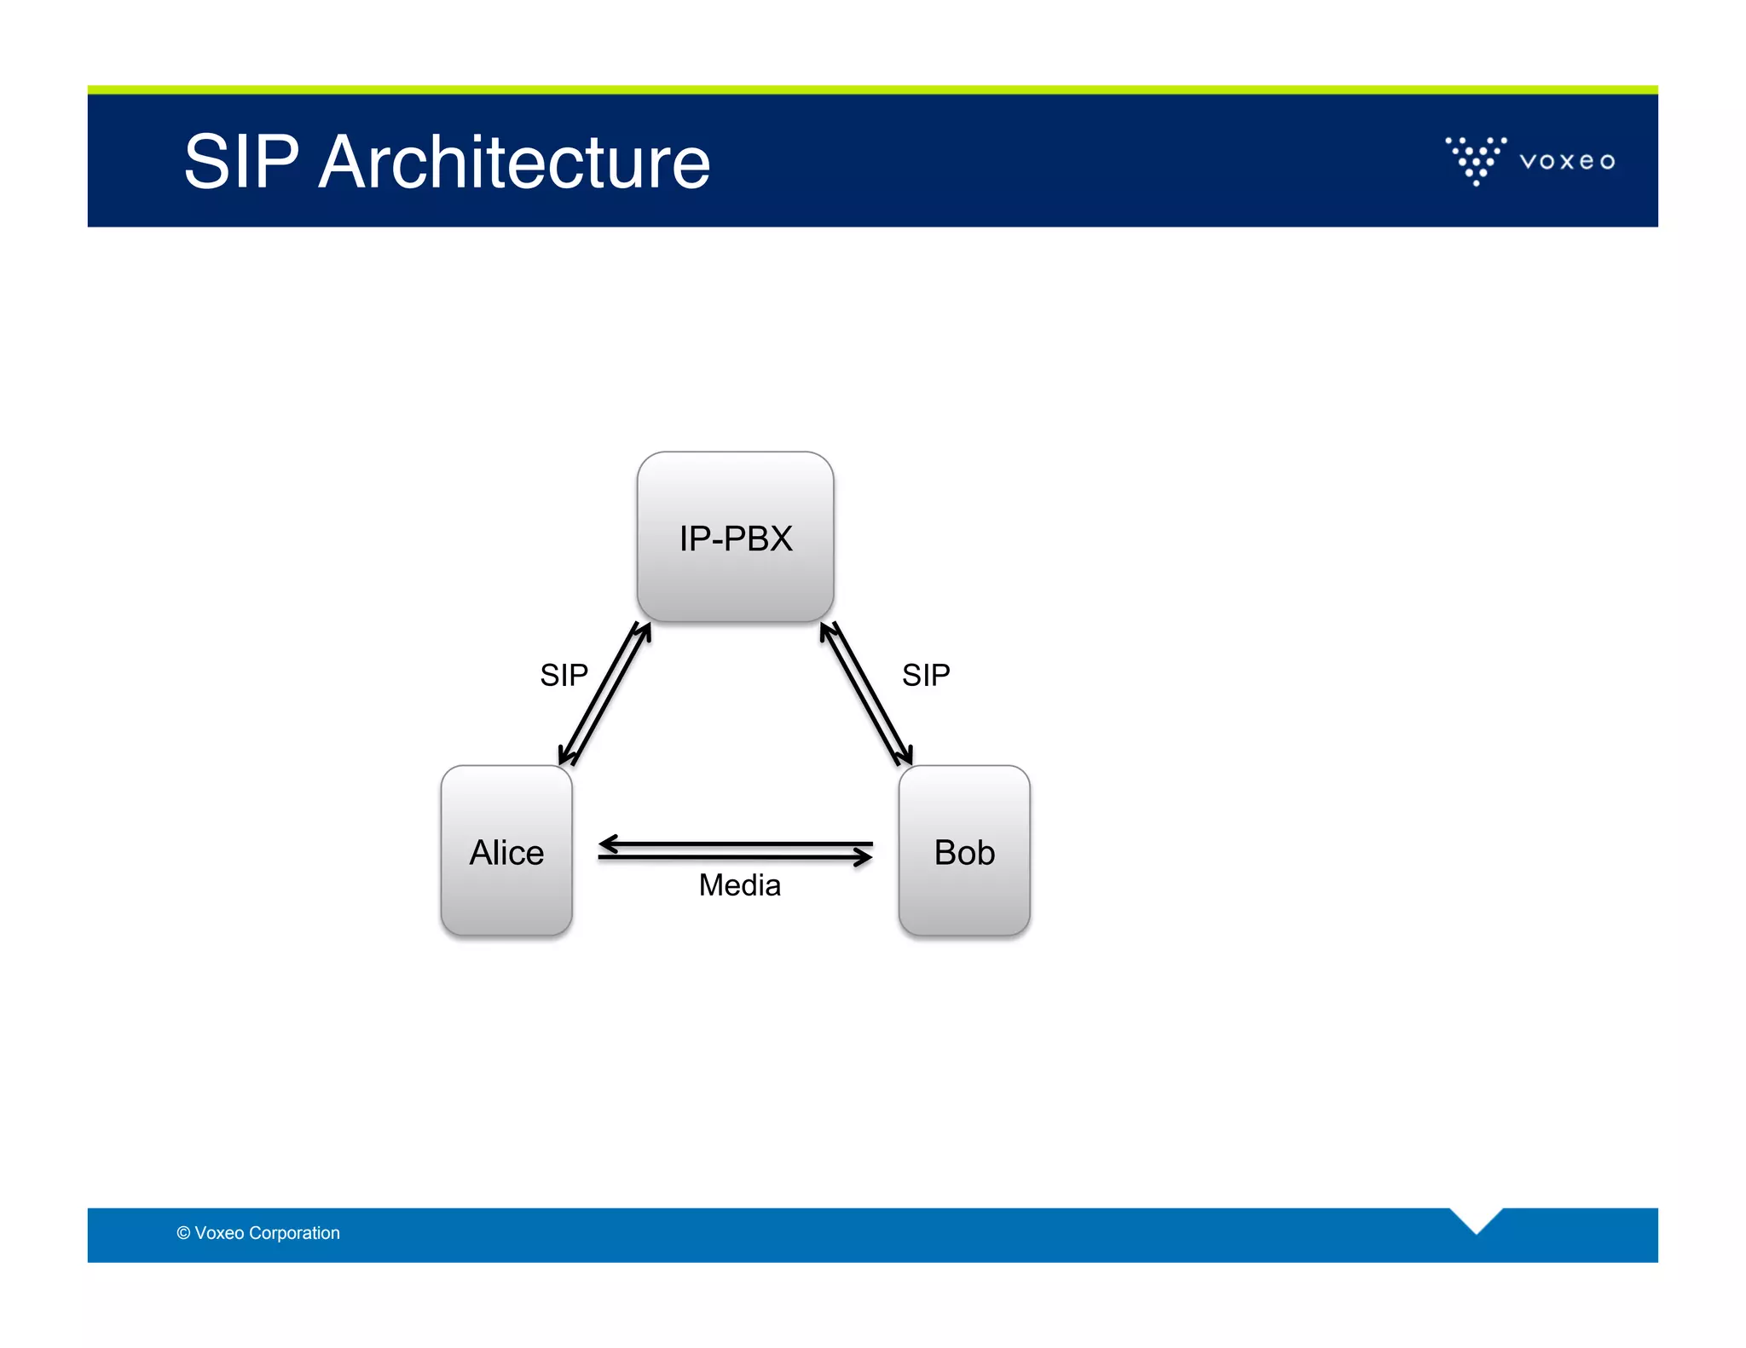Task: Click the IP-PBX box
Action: [x=735, y=537]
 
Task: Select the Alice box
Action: [x=506, y=851]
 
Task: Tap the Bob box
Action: [x=964, y=851]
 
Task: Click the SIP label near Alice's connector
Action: [x=564, y=675]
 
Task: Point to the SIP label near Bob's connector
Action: [x=926, y=675]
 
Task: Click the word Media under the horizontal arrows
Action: [x=739, y=885]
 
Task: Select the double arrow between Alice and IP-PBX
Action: [x=604, y=694]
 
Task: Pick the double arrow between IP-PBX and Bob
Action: [x=866, y=694]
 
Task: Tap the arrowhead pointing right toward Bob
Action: [x=862, y=857]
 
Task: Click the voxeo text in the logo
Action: [x=1567, y=161]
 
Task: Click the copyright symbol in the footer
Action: [x=183, y=1233]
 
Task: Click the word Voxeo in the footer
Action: [x=219, y=1233]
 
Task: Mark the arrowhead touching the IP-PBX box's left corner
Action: [x=644, y=631]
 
